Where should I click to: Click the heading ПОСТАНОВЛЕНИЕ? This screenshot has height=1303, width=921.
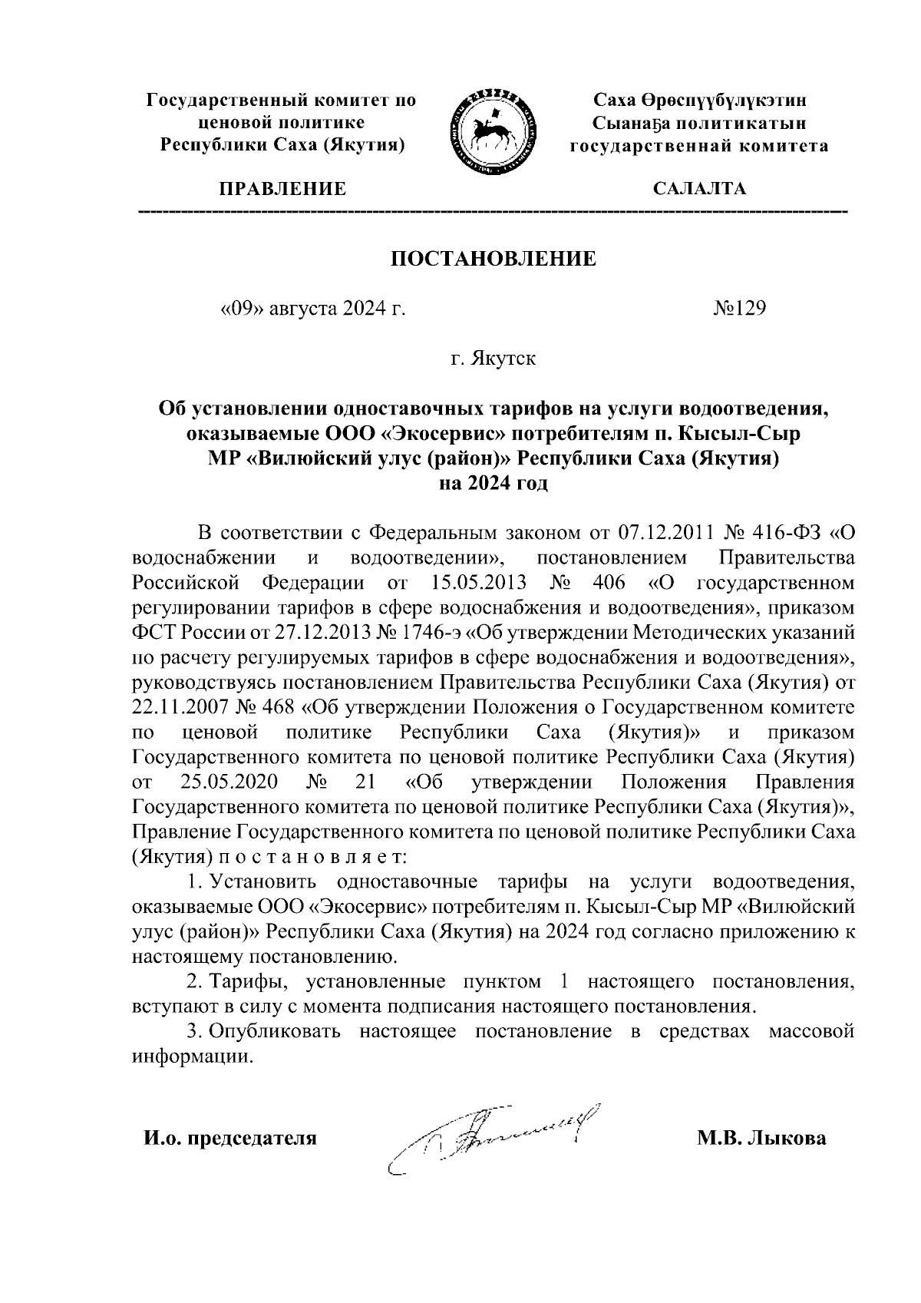(494, 259)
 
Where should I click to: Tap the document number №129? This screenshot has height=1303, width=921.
(740, 309)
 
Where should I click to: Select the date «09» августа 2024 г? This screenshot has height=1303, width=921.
(312, 309)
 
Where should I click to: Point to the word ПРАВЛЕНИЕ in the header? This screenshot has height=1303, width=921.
(282, 189)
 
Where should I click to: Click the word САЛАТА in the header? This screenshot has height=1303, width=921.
(699, 189)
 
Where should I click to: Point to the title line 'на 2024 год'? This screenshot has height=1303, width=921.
(493, 484)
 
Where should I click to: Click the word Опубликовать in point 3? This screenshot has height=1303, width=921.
(278, 1031)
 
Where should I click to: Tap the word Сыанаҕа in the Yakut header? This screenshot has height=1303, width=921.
(640, 123)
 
